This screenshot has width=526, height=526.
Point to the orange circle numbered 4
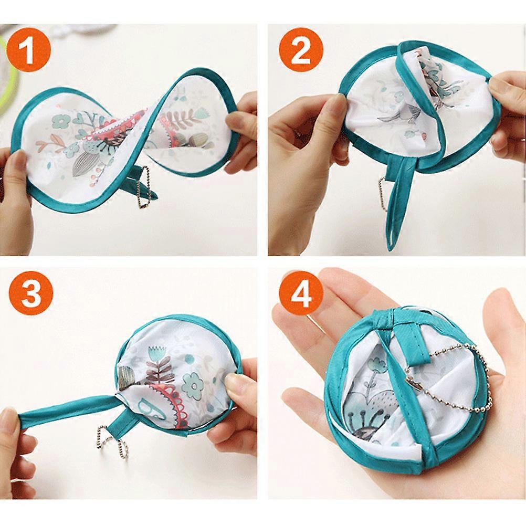tap(301, 294)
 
